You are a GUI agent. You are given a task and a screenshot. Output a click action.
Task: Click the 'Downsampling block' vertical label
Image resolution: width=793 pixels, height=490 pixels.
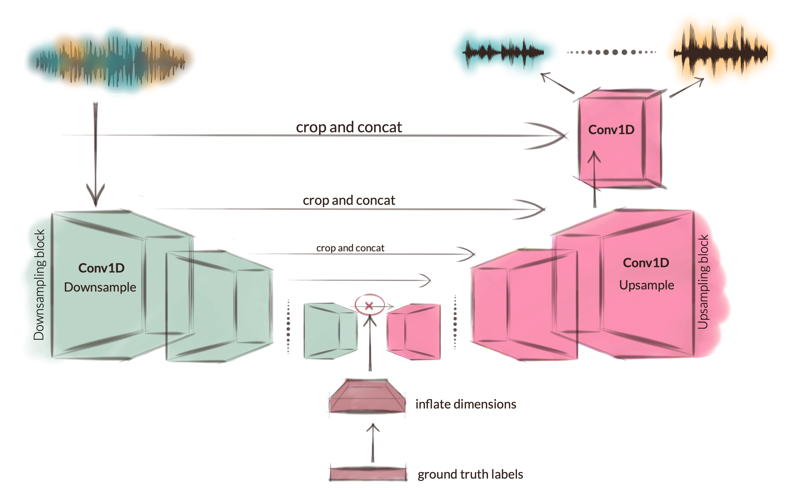point(39,284)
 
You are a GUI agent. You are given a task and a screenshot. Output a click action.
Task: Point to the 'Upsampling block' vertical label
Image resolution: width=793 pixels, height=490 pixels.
point(703,282)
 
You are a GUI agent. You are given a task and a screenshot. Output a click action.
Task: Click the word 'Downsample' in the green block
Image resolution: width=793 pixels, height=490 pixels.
point(100,287)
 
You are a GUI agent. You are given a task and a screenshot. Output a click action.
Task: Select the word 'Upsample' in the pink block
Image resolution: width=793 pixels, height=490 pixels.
point(646,285)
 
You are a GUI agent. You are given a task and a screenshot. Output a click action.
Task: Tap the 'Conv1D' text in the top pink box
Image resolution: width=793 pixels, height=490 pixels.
point(611,130)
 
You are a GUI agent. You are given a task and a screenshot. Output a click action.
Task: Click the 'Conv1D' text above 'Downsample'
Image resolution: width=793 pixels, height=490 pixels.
point(101,268)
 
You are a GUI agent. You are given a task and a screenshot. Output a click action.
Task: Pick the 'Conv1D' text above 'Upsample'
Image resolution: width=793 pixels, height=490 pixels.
point(646,263)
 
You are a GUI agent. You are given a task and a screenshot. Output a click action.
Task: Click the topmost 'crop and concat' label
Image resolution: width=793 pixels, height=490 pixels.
point(349,127)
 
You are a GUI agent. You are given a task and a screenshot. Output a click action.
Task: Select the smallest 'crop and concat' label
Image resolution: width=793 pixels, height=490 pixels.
point(350,248)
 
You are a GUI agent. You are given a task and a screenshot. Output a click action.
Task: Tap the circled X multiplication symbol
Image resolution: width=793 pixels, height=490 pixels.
point(369,305)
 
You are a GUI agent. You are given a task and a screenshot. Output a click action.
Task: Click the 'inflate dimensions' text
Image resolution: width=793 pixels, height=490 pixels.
point(466,405)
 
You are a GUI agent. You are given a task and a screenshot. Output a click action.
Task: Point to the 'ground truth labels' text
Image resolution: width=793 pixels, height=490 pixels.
point(470,474)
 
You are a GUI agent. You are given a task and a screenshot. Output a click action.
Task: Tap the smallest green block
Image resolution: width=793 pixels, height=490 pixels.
point(330,331)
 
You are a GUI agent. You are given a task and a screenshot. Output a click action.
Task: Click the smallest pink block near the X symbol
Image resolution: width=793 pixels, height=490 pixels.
point(414,332)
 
